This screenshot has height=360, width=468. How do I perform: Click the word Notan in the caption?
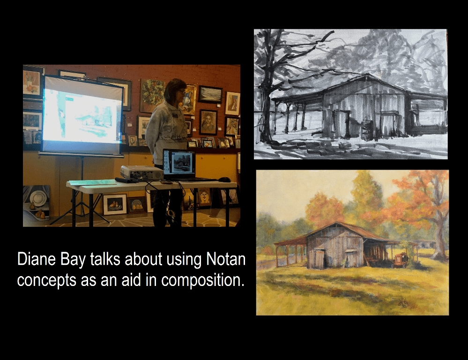[226, 259]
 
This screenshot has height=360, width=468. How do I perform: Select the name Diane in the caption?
[37, 259]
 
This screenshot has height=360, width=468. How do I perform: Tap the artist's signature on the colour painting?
[403, 302]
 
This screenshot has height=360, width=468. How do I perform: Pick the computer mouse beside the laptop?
[224, 179]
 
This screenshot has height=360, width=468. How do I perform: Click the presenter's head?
[176, 90]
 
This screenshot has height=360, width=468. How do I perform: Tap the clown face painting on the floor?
[205, 197]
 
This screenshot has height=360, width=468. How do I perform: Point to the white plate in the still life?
[38, 198]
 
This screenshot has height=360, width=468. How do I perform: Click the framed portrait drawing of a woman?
[208, 122]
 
